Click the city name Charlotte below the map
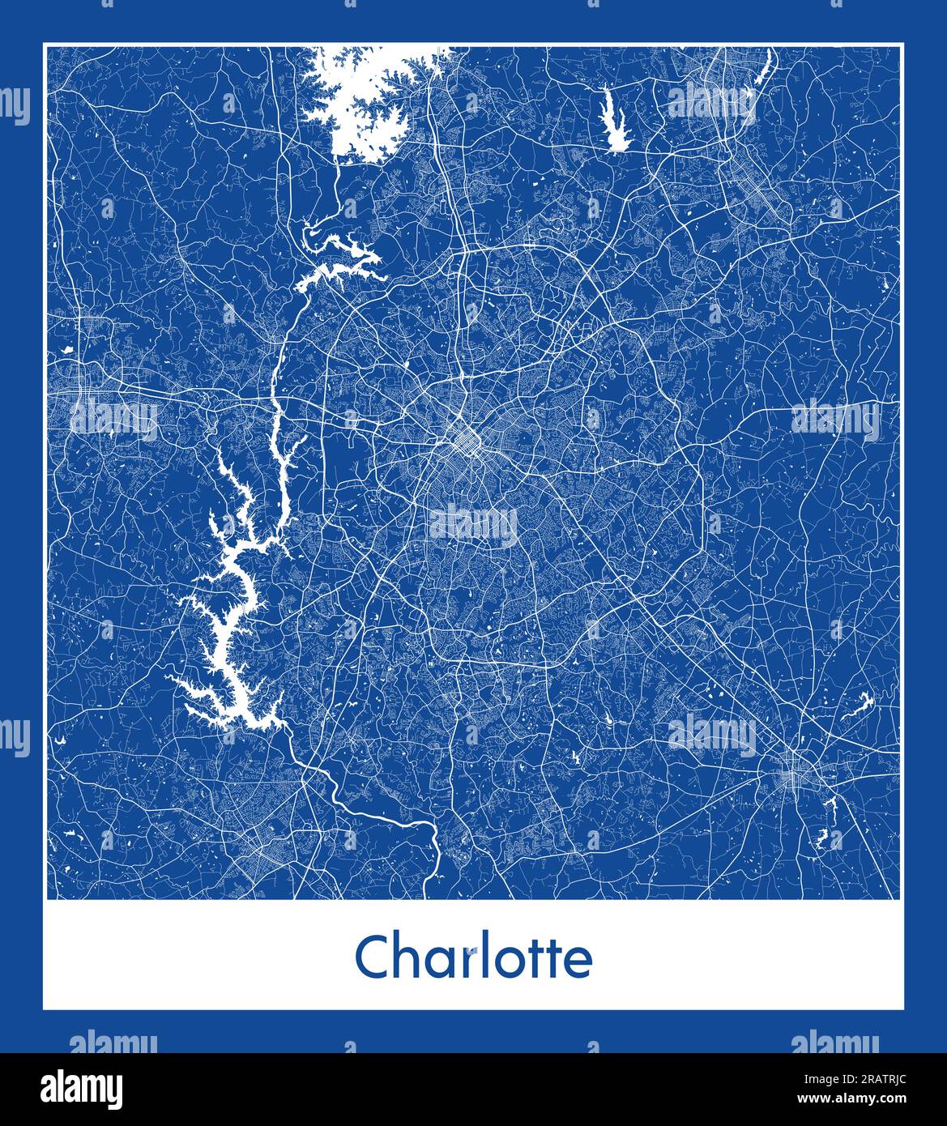click(x=474, y=958)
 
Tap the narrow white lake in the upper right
click(x=615, y=122)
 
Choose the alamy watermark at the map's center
click(x=473, y=525)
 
